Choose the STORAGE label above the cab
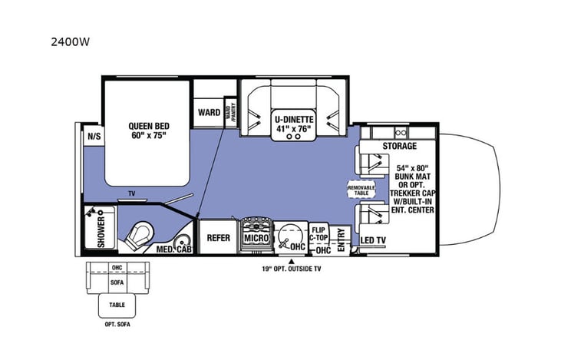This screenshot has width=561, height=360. coord(399,146)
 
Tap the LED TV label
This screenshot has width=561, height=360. coord(373,240)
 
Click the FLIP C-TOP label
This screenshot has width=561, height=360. coord(320,233)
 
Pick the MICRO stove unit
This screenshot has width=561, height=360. coord(256,239)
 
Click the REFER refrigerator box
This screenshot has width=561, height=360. coord(219,238)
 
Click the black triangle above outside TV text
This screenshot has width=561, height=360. coord(291,261)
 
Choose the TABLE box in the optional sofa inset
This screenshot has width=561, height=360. coord(117,305)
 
